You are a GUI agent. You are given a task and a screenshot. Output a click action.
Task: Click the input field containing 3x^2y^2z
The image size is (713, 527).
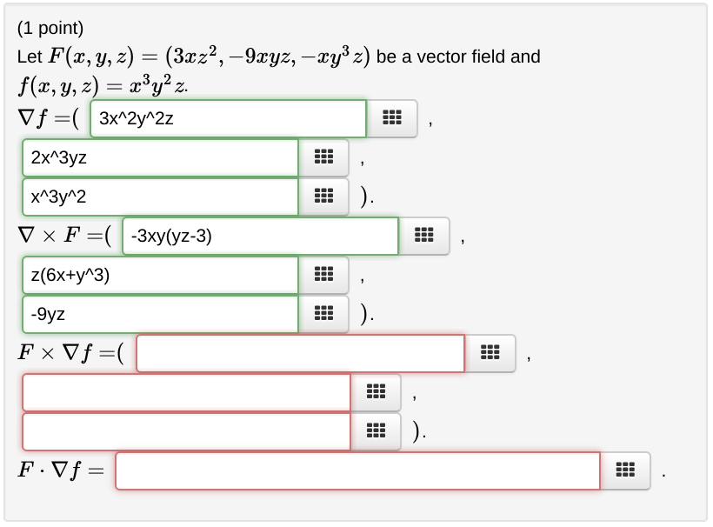[x=228, y=118]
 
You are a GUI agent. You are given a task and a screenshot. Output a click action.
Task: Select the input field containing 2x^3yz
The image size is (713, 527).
[x=160, y=157]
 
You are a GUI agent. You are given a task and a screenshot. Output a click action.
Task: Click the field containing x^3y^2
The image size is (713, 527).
[x=160, y=197]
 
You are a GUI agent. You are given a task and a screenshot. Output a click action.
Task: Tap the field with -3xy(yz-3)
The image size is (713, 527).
[x=260, y=236]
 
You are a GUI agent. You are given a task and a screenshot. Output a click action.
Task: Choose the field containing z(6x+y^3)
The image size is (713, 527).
[x=160, y=275]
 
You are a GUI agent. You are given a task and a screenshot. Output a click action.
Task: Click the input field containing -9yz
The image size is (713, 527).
[x=160, y=314]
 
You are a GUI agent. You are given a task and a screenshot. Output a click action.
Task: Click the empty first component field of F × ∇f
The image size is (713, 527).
[x=300, y=353]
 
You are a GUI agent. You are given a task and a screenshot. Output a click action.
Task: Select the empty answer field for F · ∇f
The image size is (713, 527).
[x=357, y=470]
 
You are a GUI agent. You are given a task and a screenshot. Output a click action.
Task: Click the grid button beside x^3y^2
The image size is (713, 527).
[x=323, y=197]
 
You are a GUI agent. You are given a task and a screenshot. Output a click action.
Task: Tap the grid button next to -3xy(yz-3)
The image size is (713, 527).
[x=424, y=236]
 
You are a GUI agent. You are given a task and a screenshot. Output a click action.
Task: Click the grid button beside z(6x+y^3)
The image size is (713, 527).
[x=323, y=275]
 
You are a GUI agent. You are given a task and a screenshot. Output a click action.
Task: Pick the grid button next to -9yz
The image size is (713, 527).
[x=323, y=314]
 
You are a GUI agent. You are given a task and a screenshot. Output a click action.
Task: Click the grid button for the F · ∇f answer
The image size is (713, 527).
[x=624, y=470]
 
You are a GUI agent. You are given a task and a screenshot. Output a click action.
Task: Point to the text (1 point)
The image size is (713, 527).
[x=50, y=29]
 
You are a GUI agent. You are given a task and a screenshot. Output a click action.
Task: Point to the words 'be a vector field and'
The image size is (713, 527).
[x=458, y=57]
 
